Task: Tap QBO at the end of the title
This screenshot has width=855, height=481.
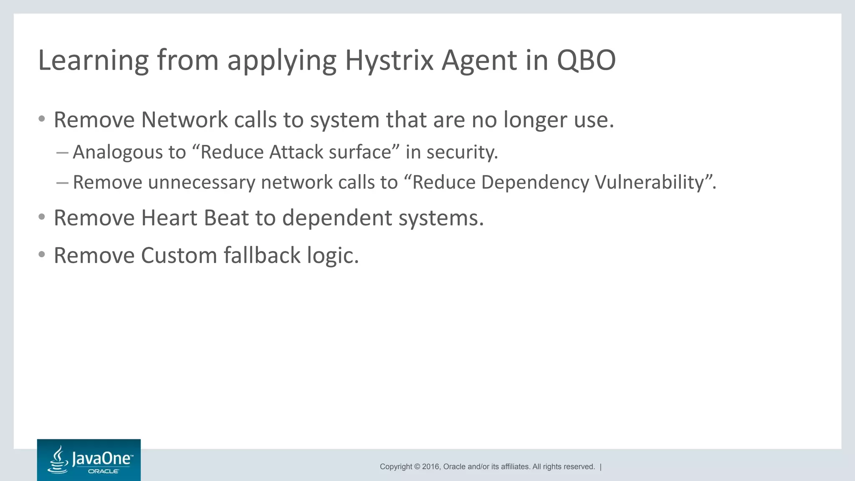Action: tap(586, 61)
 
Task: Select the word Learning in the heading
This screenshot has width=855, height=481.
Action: tap(93, 61)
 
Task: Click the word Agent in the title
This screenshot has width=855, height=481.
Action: tap(480, 61)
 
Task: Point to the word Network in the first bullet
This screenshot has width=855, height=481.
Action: tap(184, 120)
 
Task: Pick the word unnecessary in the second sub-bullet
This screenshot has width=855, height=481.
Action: tap(202, 182)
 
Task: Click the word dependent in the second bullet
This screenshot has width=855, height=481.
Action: tap(336, 218)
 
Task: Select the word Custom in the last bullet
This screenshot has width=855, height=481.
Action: tap(179, 256)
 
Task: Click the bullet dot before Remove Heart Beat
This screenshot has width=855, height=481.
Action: tap(41, 217)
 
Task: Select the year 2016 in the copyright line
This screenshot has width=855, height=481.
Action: tap(431, 467)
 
